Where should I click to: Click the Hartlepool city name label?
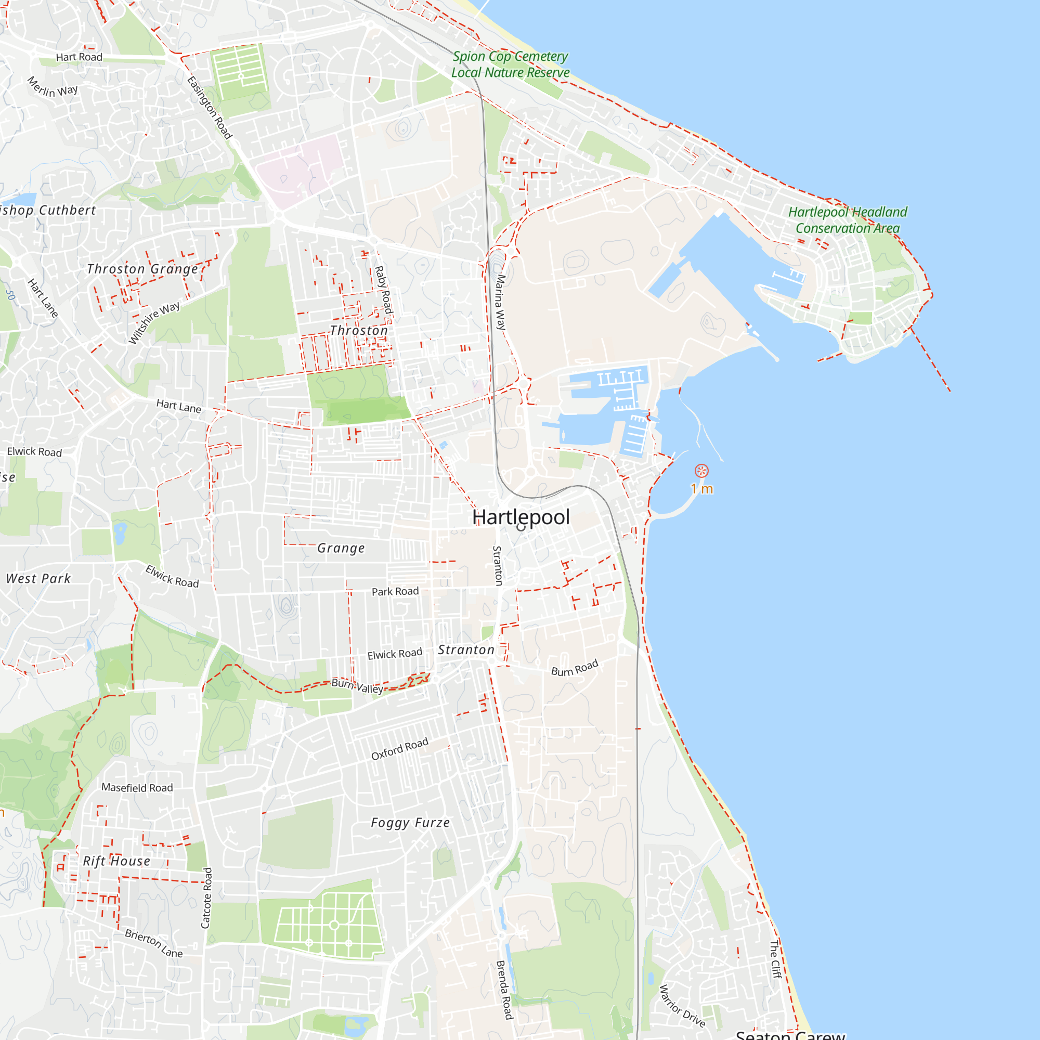(521, 517)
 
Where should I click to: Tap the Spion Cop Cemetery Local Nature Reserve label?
(510, 64)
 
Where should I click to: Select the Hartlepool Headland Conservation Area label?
(848, 220)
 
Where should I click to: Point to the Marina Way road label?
(501, 302)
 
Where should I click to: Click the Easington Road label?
(210, 108)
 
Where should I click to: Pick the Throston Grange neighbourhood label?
(142, 269)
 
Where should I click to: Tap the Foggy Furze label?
(410, 823)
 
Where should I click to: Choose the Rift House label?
(116, 861)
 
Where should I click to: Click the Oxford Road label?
(400, 749)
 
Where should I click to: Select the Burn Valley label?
(357, 686)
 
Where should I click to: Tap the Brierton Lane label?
(154, 943)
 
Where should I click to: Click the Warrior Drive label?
(682, 1006)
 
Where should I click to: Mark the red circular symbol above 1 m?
(701, 471)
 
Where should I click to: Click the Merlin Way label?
(52, 88)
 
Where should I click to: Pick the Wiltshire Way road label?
(154, 322)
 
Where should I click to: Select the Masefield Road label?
(137, 787)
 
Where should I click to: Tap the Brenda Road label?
(504, 990)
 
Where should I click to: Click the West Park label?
(38, 579)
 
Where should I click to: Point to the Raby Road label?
(383, 290)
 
